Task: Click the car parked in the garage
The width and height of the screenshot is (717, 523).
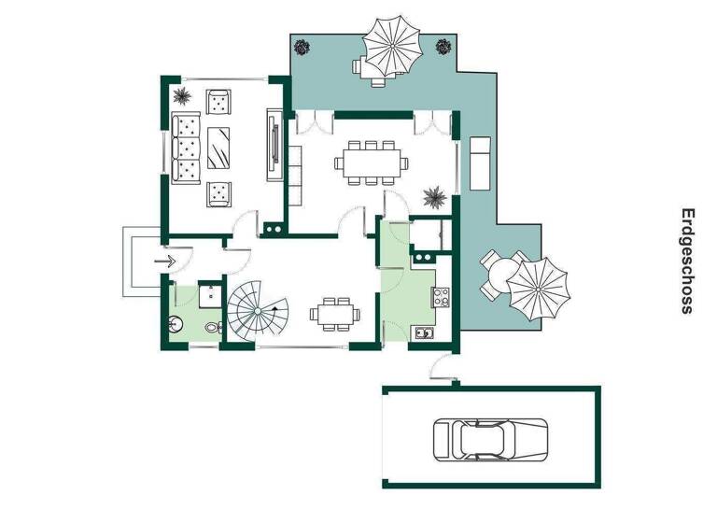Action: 490,437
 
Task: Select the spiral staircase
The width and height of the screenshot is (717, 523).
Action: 260,312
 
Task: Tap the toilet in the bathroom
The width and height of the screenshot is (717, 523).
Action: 212,327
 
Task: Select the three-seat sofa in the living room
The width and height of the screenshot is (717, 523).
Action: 187,147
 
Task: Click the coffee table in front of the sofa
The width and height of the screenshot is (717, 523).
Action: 220,145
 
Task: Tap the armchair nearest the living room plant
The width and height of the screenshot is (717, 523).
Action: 220,101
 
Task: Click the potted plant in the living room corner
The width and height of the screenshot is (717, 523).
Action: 180,95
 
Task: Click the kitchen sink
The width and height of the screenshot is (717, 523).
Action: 425,331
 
